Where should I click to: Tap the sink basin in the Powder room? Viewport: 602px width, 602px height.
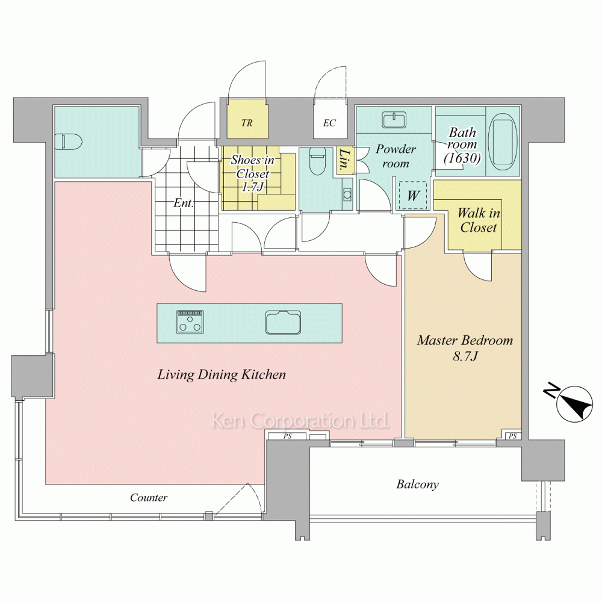click(x=394, y=120)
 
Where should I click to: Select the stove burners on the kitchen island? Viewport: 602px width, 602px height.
click(x=190, y=321)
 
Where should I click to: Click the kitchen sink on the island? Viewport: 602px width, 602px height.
click(x=284, y=322)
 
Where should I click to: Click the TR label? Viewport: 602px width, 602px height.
click(x=247, y=123)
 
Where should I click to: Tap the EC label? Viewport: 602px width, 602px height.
click(x=329, y=123)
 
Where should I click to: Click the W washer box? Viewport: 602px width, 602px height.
click(x=413, y=196)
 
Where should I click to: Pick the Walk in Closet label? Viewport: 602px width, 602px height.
click(x=479, y=220)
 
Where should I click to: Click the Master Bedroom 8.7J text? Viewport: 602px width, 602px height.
click(x=465, y=348)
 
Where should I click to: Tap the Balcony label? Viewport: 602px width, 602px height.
click(x=417, y=484)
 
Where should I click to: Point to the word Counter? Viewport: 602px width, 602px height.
click(x=149, y=498)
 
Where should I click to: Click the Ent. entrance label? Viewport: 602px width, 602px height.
click(x=183, y=203)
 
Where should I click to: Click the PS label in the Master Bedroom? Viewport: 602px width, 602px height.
click(x=512, y=436)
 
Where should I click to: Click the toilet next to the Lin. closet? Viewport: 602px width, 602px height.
click(x=317, y=161)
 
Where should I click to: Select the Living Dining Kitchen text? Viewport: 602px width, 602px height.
click(x=222, y=374)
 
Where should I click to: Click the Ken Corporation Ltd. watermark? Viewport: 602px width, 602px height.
click(x=300, y=421)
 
